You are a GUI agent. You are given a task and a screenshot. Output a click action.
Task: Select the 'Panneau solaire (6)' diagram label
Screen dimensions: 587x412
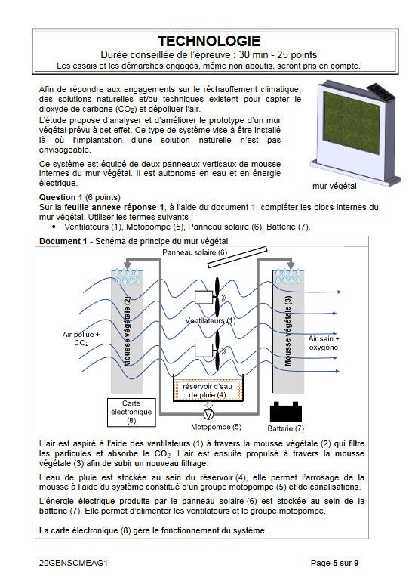(194, 252)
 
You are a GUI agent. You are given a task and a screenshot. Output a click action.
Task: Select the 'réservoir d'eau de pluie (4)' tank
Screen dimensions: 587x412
(207, 390)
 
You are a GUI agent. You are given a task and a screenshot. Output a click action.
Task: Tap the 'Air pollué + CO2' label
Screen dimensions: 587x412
(81, 338)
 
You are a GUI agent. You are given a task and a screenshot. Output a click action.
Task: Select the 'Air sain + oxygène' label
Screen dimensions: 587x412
(324, 343)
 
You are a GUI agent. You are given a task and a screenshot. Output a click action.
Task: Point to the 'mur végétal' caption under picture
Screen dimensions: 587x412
(335, 184)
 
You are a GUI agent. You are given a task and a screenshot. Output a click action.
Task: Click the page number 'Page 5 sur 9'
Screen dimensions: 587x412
(335, 563)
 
